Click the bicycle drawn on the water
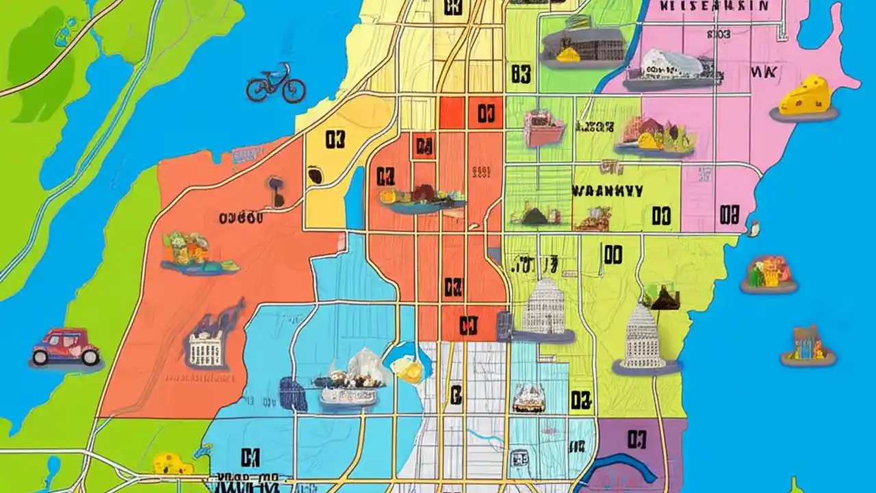276,84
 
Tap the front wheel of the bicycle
294,90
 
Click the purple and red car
66,347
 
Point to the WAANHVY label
607,191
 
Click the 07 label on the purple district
636,439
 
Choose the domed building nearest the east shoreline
643,339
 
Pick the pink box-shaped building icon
543,128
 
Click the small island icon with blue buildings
808,345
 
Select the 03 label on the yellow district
335,140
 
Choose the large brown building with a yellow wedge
583,46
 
